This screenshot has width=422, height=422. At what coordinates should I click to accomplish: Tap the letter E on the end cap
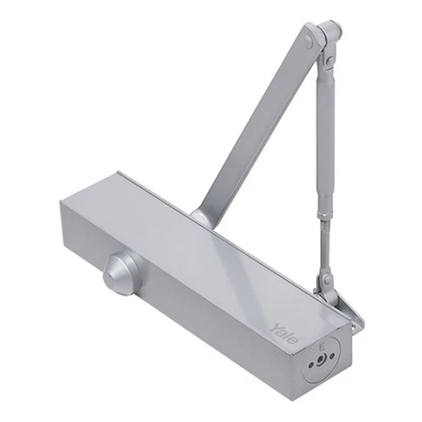(x=321, y=348)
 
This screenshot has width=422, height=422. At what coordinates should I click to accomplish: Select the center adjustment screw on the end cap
(x=321, y=360)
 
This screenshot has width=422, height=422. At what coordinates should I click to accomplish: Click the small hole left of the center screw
(x=311, y=365)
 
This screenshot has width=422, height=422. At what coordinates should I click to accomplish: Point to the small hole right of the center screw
(x=333, y=355)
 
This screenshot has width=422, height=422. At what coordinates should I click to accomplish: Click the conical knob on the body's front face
(x=122, y=273)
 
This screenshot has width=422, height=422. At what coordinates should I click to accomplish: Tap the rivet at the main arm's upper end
(x=310, y=39)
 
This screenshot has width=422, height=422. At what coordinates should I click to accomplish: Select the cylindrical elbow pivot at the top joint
(x=330, y=30)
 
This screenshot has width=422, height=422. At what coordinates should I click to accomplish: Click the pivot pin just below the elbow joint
(x=329, y=61)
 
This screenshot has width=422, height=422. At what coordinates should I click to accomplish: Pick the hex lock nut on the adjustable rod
(x=325, y=216)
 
